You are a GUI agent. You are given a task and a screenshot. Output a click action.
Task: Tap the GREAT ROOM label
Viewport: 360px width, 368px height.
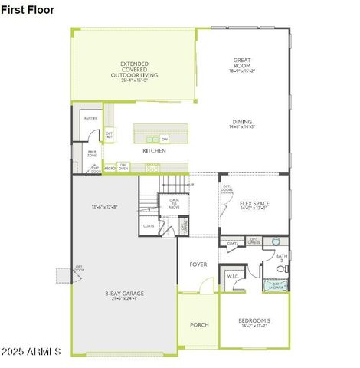(243, 64)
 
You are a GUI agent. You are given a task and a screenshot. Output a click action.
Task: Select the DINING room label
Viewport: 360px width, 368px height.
(243, 123)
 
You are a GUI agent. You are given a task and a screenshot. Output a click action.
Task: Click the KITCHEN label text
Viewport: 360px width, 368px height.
(154, 151)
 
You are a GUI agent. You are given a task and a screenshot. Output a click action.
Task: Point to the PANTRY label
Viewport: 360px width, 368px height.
(90, 119)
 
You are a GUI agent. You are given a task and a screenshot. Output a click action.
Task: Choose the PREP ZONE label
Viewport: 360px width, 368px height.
(92, 153)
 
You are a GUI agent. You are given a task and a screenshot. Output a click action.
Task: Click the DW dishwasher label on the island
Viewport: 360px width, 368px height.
(165, 139)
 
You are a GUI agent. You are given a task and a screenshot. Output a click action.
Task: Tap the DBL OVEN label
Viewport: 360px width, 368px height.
(123, 167)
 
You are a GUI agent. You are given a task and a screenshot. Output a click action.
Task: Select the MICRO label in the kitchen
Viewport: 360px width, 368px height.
(110, 167)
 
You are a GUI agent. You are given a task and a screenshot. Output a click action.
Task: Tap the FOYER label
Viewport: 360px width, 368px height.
(198, 264)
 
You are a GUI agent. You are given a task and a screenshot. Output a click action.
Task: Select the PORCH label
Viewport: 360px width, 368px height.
(198, 325)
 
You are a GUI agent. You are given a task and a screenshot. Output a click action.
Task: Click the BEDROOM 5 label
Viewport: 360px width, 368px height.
(254, 322)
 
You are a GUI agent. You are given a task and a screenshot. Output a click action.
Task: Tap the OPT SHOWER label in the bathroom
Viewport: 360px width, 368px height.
(276, 286)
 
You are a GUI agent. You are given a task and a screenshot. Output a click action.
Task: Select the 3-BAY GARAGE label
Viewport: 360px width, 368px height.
(124, 295)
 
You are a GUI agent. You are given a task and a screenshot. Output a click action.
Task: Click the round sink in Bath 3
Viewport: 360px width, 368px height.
(276, 241)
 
